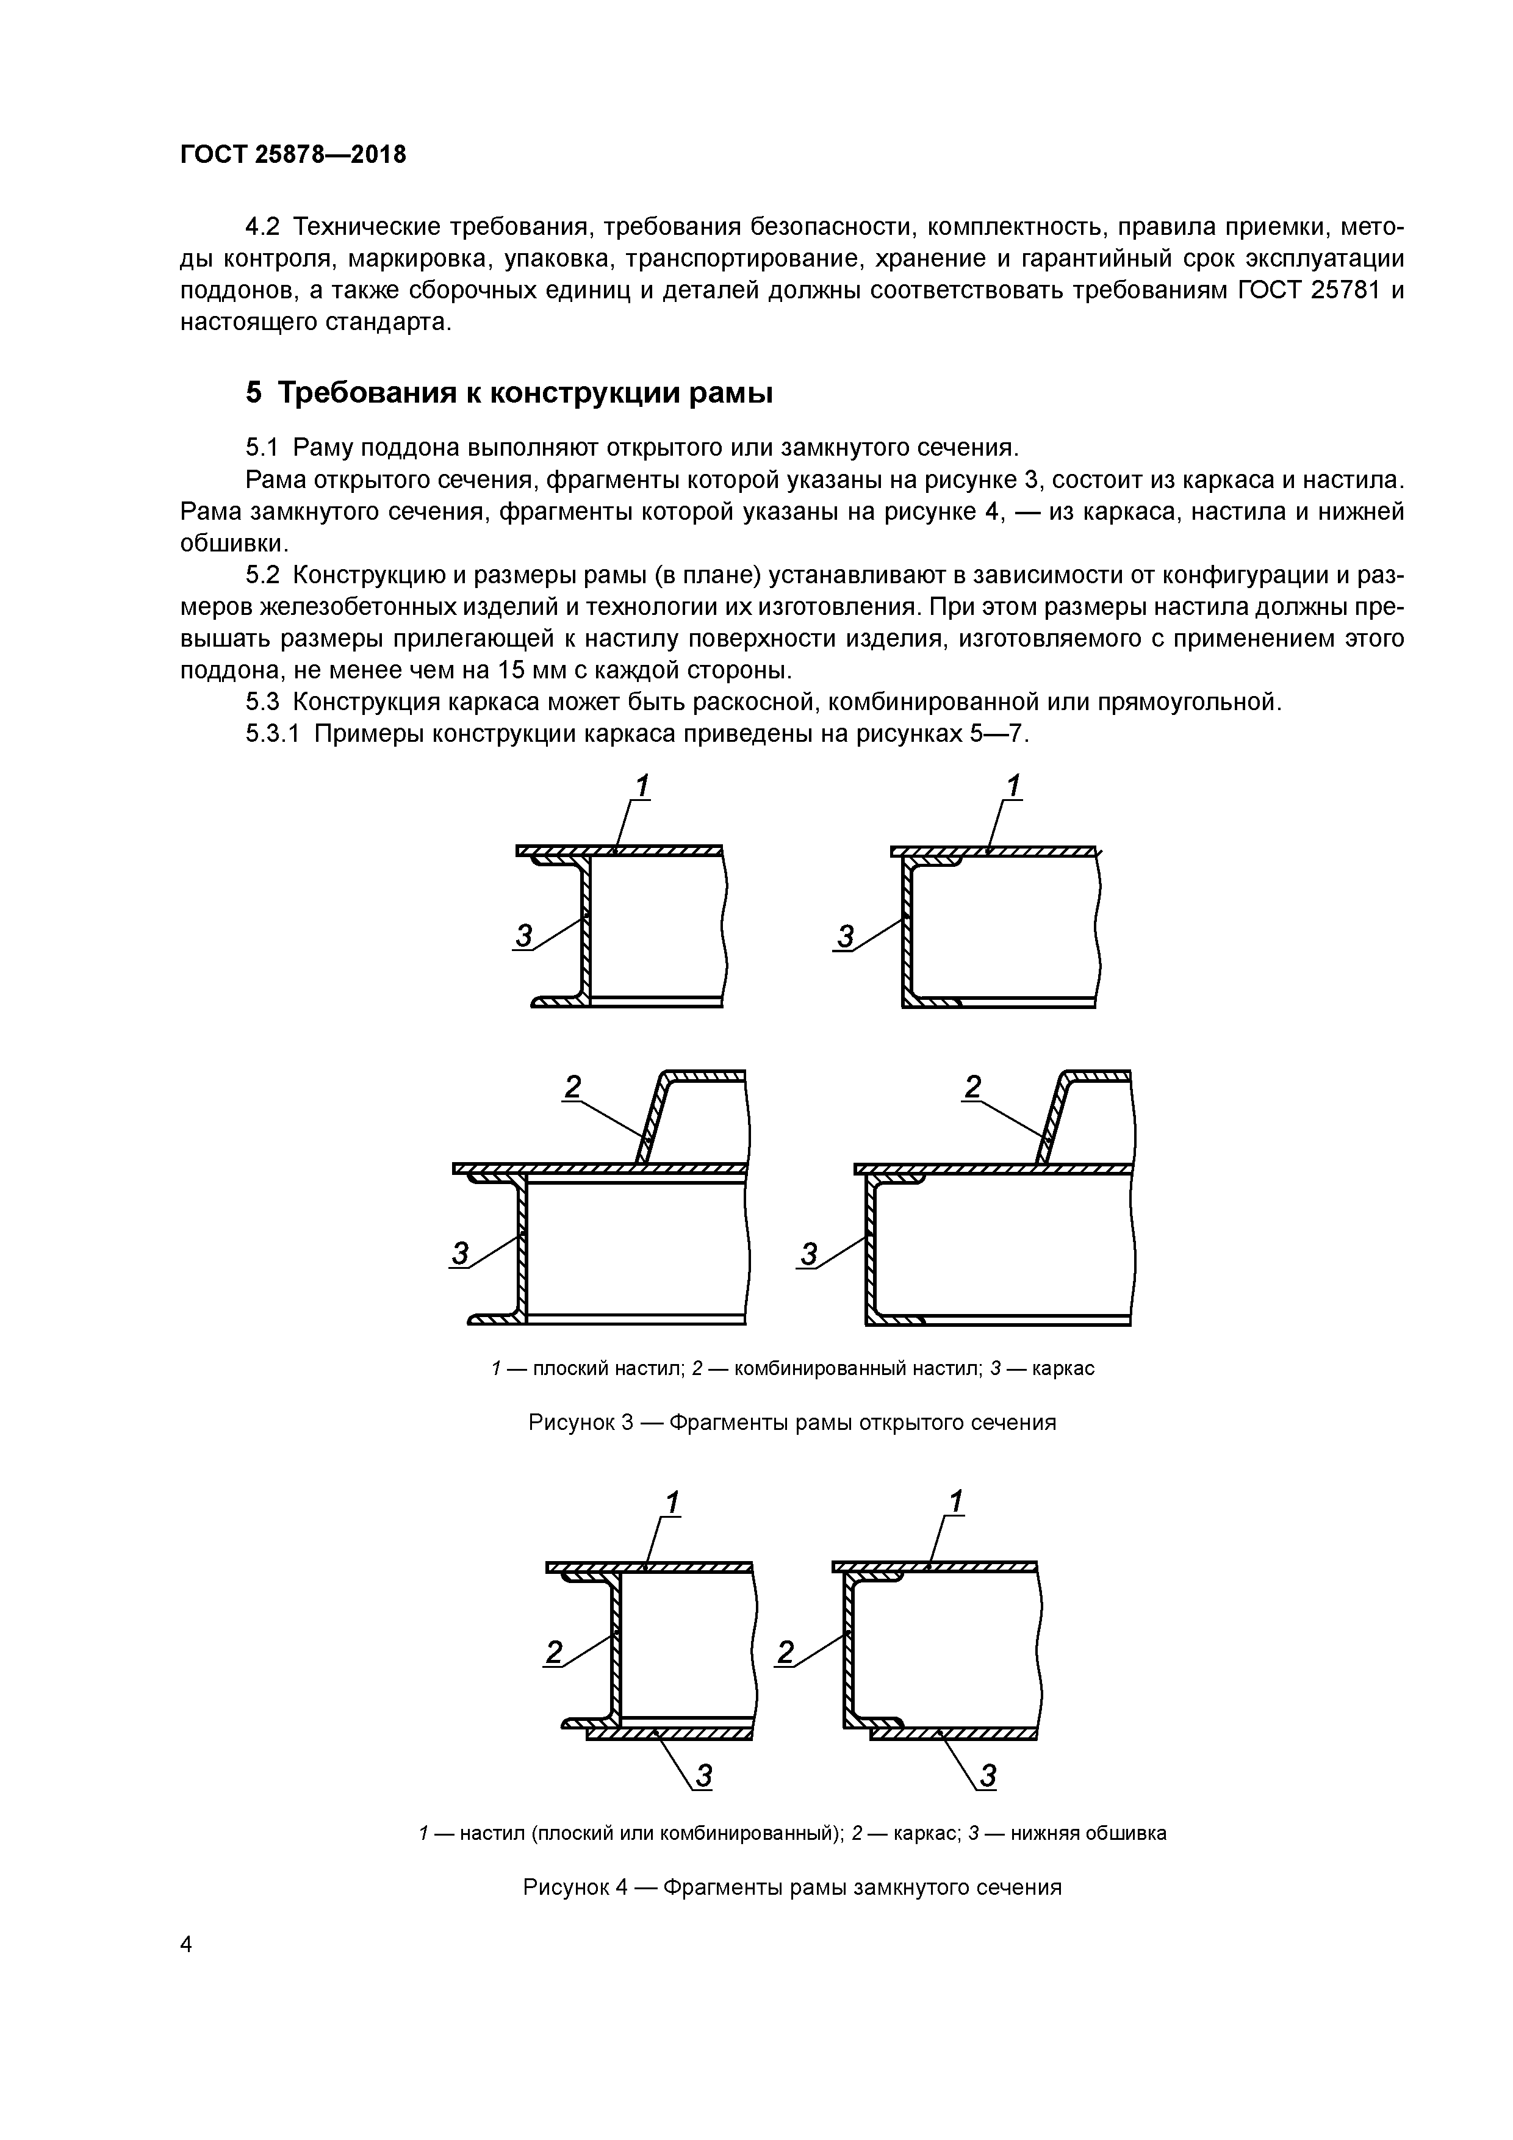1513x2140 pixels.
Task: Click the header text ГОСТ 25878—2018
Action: click(293, 155)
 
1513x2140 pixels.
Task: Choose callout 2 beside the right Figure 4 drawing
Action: click(786, 1653)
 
